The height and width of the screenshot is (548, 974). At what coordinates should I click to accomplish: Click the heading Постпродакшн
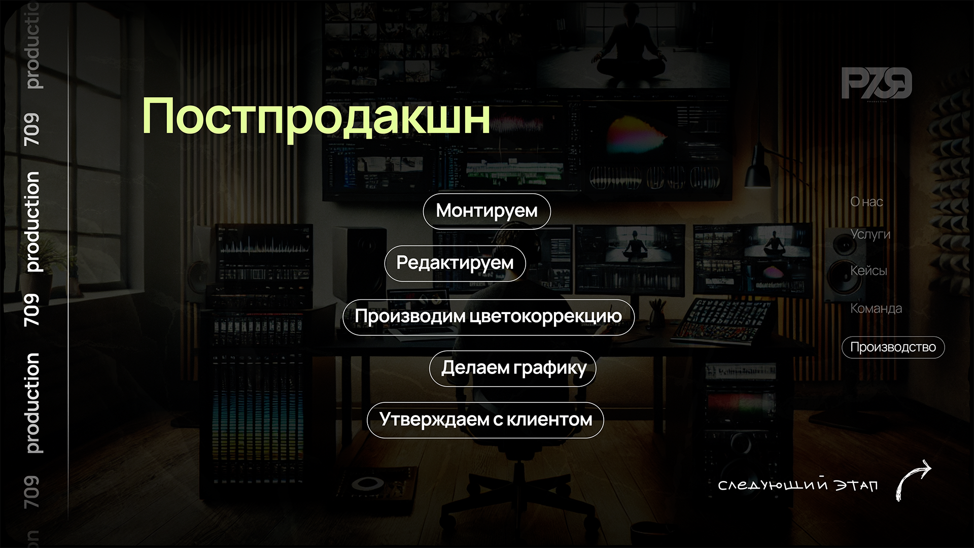pos(316,116)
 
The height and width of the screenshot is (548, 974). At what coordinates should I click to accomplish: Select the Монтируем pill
pos(486,211)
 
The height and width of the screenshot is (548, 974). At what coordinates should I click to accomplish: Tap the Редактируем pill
pos(455,263)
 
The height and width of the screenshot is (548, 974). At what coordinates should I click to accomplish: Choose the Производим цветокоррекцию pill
pos(488,317)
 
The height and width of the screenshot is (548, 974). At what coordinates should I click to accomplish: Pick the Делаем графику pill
pos(512,368)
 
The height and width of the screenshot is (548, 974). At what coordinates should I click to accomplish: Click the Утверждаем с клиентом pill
pos(485,420)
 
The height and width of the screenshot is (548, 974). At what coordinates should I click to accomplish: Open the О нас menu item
pos(866,202)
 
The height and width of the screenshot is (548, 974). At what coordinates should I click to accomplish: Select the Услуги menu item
pos(870,234)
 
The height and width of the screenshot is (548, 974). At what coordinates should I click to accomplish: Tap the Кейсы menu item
pos(868,271)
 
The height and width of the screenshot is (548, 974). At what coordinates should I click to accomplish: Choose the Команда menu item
pos(876,309)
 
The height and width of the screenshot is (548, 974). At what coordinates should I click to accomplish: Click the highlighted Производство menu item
pos(893,348)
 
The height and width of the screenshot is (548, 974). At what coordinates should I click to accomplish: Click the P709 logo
pos(877,84)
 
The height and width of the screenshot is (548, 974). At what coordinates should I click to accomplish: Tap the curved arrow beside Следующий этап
pos(913,479)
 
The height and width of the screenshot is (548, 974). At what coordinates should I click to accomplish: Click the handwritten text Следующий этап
pos(797,486)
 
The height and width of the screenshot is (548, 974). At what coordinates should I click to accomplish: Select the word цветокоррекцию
pos(546,317)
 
